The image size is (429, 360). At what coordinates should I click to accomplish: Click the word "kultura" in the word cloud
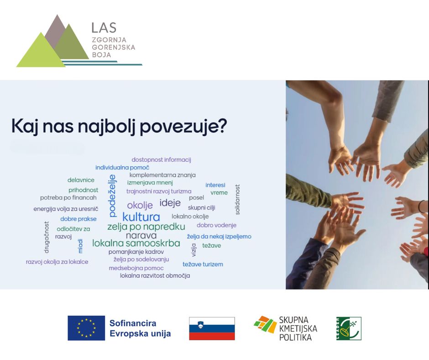pyautogui.click(x=141, y=217)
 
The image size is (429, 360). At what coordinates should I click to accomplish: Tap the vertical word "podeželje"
pyautogui.click(x=112, y=196)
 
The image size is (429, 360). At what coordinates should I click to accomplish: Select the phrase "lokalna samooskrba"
pyautogui.click(x=136, y=243)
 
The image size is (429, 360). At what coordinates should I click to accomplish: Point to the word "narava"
pyautogui.click(x=141, y=235)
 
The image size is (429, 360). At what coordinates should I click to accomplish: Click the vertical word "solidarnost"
pyautogui.click(x=237, y=200)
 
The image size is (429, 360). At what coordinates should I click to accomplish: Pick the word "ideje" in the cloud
pyautogui.click(x=170, y=203)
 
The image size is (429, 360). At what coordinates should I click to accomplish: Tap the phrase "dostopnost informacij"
pyautogui.click(x=161, y=160)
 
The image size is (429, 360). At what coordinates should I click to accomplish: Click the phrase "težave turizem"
pyautogui.click(x=203, y=265)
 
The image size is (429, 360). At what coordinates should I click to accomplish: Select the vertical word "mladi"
pyautogui.click(x=80, y=246)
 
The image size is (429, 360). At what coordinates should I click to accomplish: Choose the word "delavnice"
pyautogui.click(x=81, y=180)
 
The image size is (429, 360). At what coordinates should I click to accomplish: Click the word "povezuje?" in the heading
pyautogui.click(x=183, y=127)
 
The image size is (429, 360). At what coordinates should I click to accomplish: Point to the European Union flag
pyautogui.click(x=86, y=328)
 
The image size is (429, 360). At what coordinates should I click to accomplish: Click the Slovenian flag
pyautogui.click(x=212, y=328)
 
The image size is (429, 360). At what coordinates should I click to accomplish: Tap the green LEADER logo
pyautogui.click(x=349, y=328)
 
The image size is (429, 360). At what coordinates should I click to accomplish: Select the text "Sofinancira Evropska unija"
pyautogui.click(x=140, y=328)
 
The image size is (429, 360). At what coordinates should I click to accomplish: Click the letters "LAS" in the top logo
pyautogui.click(x=104, y=28)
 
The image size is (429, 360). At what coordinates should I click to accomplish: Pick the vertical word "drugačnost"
pyautogui.click(x=47, y=237)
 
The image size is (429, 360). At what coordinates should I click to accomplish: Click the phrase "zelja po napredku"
pyautogui.click(x=146, y=227)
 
